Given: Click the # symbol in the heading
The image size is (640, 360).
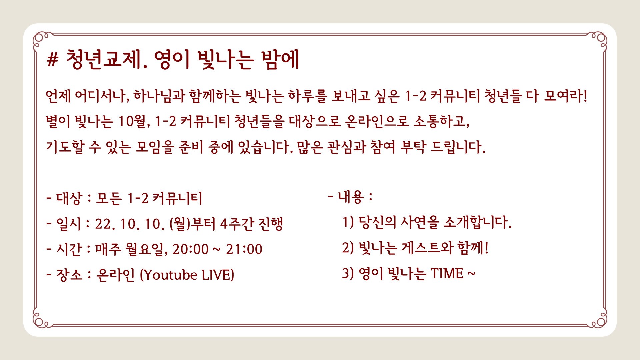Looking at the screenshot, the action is pos(52,60).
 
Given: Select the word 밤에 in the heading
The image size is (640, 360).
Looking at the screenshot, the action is pos(280,60).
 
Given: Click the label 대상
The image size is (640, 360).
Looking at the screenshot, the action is pos(69,198).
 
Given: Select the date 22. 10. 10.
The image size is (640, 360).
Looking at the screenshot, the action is pos(130,224).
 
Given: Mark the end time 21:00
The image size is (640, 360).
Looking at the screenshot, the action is pos(244,249).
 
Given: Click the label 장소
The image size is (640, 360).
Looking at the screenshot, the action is pos(69,275).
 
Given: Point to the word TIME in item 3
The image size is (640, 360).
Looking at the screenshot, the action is pos(447,274).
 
